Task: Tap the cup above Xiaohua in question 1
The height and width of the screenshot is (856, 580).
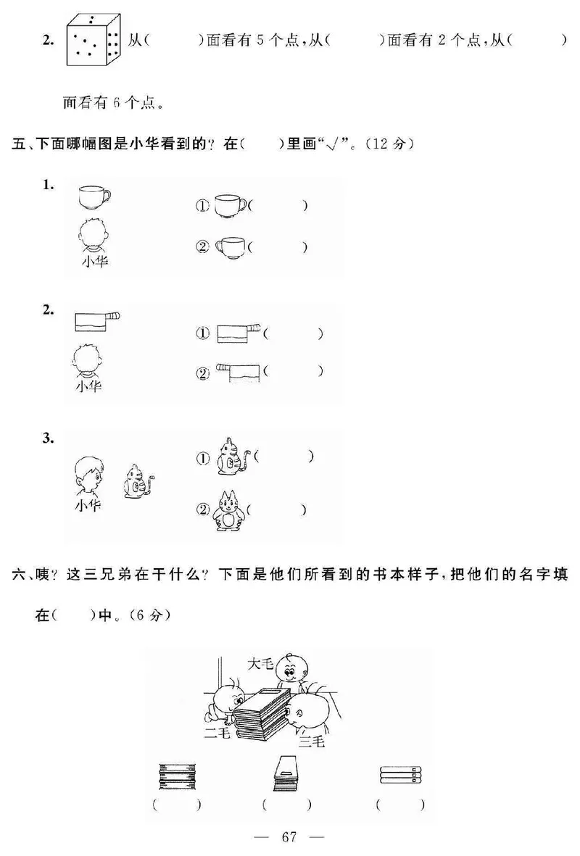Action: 93,196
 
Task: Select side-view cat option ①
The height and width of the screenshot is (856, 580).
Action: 233,457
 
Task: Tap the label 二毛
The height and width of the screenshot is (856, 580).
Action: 216,734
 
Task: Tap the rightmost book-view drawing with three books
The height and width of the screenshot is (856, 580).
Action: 399,775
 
